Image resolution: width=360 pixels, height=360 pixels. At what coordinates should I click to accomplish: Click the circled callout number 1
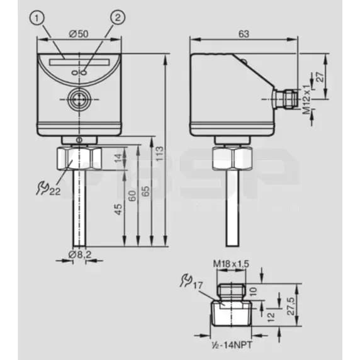click(37, 18)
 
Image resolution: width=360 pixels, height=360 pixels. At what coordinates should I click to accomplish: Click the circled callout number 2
click(118, 18)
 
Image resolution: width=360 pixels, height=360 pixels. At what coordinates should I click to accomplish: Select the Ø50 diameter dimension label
click(79, 34)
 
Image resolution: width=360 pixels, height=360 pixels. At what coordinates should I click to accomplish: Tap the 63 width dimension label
click(244, 34)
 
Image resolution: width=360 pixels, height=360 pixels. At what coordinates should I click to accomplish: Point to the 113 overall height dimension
click(160, 154)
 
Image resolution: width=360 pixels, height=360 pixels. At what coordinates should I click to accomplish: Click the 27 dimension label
click(320, 77)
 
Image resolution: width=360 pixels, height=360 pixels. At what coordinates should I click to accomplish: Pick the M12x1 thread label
click(307, 99)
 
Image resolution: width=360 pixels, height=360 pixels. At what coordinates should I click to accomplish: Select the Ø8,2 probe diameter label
click(80, 254)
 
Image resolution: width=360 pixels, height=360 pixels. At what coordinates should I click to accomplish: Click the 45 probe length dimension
click(118, 209)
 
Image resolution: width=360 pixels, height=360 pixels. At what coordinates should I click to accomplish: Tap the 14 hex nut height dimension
click(118, 158)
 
